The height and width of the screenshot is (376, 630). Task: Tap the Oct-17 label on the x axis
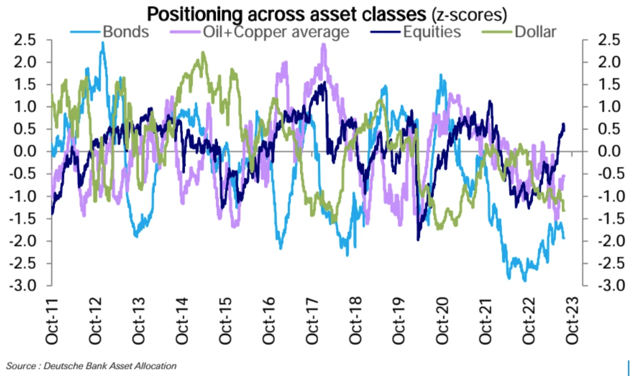(312, 317)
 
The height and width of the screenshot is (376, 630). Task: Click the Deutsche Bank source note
(91, 366)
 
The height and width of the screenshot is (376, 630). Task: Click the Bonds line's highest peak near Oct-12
(103, 42)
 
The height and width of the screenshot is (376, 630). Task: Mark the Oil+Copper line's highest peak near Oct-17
(323, 44)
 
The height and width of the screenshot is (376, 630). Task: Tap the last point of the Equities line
(564, 129)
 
